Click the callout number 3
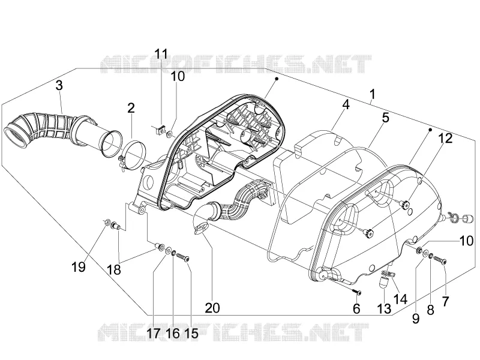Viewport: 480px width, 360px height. coord(59,85)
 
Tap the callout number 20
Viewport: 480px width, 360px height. coord(212,308)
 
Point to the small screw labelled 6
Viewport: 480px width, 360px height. coord(356,292)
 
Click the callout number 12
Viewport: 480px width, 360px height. coord(445,139)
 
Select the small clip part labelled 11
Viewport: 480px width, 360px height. coord(158,131)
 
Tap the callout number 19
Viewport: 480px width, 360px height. coord(79,267)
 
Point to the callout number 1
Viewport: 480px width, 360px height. coord(372,94)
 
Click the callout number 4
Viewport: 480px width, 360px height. coord(346,104)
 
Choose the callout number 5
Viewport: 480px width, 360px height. coord(385,118)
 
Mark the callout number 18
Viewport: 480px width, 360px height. coord(113,270)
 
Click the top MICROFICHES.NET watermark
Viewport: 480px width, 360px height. coord(236,64)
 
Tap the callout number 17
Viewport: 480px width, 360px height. coord(154,334)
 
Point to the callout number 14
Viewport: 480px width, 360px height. coord(400,299)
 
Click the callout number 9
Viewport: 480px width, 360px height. coord(415,319)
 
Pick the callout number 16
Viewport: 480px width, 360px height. coord(173,334)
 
